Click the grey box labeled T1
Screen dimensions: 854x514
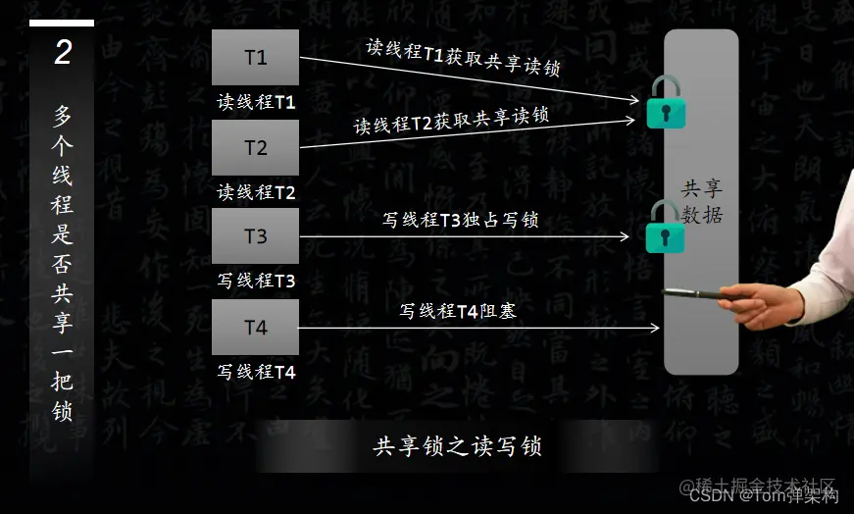pyautogui.click(x=255, y=57)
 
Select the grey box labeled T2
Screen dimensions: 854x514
pyautogui.click(x=255, y=148)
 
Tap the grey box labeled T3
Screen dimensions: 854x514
pyautogui.click(x=255, y=236)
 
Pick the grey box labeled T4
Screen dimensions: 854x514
pyautogui.click(x=255, y=328)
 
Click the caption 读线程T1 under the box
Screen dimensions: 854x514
pyautogui.click(x=256, y=101)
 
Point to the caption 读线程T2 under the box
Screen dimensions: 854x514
pyautogui.click(x=256, y=192)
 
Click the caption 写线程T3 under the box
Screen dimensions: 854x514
pyautogui.click(x=256, y=281)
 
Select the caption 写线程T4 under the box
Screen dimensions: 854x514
pyautogui.click(x=256, y=372)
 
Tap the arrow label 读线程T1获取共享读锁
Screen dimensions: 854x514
pyautogui.click(x=469, y=59)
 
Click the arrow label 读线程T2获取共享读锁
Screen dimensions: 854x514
pyautogui.click(x=451, y=121)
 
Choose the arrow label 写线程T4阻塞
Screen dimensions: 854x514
pyautogui.click(x=458, y=312)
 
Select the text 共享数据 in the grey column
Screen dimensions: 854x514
pyautogui.click(x=702, y=201)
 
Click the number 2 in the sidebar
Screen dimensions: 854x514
pyautogui.click(x=63, y=53)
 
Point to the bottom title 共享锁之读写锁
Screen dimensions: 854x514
pyautogui.click(x=457, y=447)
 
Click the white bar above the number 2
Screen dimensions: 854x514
pyautogui.click(x=62, y=23)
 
